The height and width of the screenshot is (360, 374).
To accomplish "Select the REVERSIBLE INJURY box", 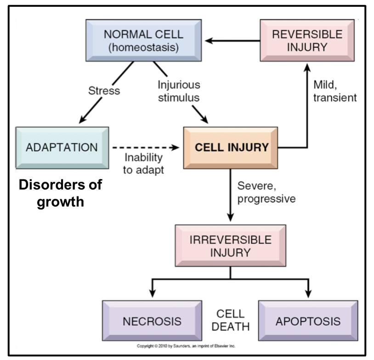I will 307,41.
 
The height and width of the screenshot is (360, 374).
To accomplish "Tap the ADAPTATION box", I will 62,147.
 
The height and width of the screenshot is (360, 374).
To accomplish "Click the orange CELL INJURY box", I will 231,147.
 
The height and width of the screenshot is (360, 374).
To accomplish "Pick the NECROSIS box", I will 152,321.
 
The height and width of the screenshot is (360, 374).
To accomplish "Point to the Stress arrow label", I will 104,90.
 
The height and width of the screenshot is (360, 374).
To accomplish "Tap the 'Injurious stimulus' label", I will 179,91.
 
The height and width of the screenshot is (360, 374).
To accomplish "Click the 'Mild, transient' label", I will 334,91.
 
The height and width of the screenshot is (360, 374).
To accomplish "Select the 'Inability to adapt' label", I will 144,163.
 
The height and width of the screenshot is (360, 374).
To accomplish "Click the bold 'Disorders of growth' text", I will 60,193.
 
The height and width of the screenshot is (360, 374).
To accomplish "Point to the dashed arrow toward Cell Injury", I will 145,147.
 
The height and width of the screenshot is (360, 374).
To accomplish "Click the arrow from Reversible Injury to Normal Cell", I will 232,41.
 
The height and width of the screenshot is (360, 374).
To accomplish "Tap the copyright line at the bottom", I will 186,346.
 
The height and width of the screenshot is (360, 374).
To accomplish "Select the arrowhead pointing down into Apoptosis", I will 308,294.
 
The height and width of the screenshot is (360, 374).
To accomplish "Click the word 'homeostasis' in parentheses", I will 143,47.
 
